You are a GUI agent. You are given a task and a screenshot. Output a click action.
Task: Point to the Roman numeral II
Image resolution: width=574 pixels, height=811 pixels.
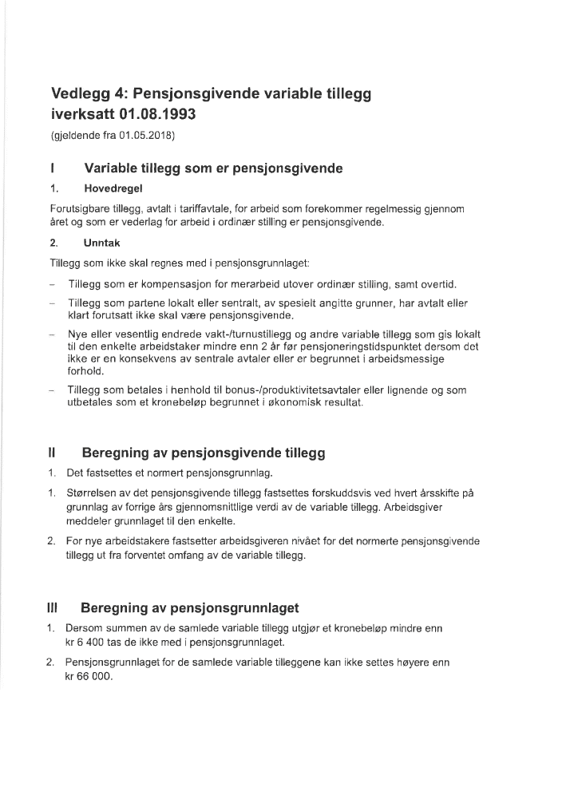click(x=52, y=453)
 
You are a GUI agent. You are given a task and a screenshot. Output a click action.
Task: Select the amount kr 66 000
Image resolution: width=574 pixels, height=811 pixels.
click(x=93, y=676)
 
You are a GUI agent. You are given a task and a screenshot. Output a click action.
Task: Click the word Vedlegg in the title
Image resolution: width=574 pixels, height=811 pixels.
click(x=83, y=94)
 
